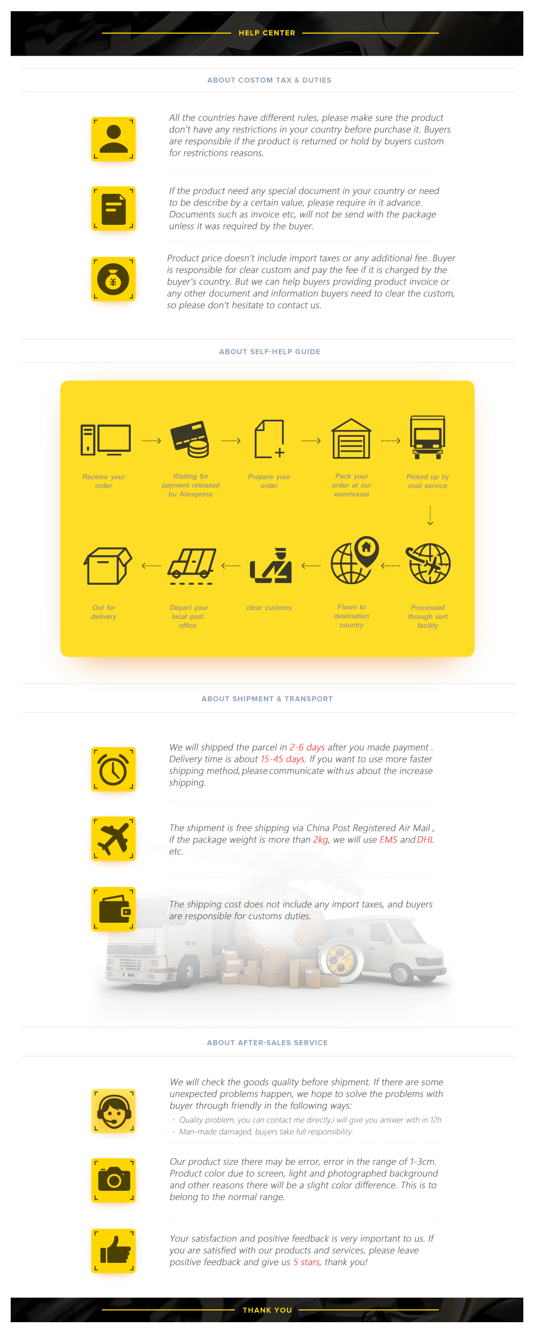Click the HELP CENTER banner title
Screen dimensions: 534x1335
pyautogui.click(x=267, y=33)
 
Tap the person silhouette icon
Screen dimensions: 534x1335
pyautogui.click(x=113, y=139)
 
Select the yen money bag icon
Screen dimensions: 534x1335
pyautogui.click(x=113, y=279)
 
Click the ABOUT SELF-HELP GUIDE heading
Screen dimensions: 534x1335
pyautogui.click(x=270, y=351)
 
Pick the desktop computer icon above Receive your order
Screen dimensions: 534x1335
pyautogui.click(x=106, y=440)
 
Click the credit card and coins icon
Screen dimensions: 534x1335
pyautogui.click(x=190, y=439)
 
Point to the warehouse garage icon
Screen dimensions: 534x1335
pyautogui.click(x=351, y=438)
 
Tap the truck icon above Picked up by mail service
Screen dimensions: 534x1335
pyautogui.click(x=428, y=437)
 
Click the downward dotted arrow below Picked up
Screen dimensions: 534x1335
pyautogui.click(x=430, y=516)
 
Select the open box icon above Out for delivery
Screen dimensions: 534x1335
pyautogui.click(x=108, y=566)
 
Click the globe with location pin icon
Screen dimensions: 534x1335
pyautogui.click(x=355, y=560)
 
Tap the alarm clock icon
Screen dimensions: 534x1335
pyautogui.click(x=113, y=769)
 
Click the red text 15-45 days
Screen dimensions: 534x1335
pyautogui.click(x=283, y=759)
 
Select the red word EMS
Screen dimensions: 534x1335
pyautogui.click(x=389, y=839)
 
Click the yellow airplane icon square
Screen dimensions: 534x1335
pyautogui.click(x=113, y=838)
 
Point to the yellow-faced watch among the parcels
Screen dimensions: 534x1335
pyautogui.click(x=342, y=960)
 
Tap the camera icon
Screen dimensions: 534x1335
pyautogui.click(x=113, y=1180)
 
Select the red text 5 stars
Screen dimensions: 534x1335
pyautogui.click(x=307, y=1262)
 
